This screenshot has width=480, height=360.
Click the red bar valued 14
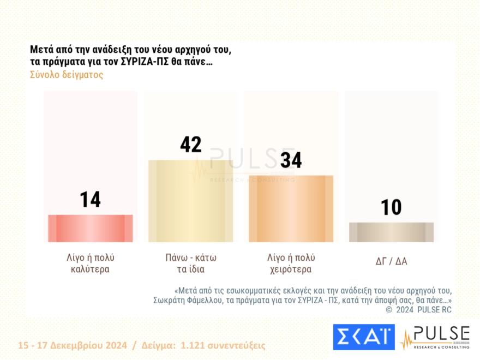90,228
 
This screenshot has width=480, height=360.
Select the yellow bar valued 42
190,201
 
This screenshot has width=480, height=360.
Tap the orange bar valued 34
291,208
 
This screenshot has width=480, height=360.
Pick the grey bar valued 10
391,232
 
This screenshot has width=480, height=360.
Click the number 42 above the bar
190,145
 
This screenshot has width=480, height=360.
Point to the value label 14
90,200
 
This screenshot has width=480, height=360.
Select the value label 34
291,160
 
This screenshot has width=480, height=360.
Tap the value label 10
391,207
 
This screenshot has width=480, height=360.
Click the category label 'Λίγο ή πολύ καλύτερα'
90,263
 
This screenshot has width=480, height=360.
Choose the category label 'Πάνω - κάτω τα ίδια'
190,263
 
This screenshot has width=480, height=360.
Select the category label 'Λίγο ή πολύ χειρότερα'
291,263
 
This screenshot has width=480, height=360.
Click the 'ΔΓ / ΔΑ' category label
391,261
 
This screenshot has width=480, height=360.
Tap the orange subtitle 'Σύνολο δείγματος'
67,75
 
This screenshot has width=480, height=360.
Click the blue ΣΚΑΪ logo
363,337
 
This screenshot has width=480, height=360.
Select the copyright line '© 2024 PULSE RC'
418,310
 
